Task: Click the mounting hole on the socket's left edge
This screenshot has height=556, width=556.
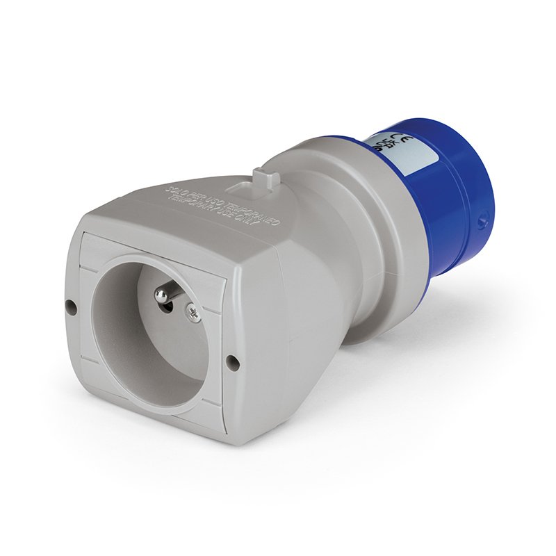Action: (69, 304)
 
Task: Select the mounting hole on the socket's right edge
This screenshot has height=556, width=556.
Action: (232, 361)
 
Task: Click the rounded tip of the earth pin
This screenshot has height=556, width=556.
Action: (159, 295)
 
